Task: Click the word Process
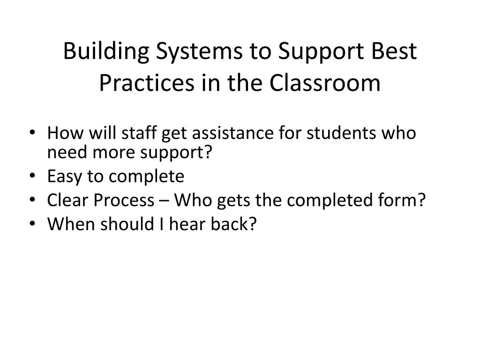tap(123, 200)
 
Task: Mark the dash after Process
tap(161, 201)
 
